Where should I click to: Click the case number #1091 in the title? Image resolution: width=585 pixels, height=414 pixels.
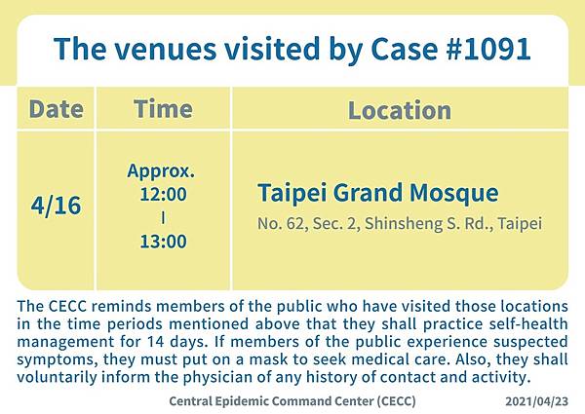pos(488,49)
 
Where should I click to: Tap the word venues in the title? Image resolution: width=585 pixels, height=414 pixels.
pos(165,49)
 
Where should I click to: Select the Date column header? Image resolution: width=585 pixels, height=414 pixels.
pos(56,109)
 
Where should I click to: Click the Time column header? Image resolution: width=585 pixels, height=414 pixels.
pos(163,109)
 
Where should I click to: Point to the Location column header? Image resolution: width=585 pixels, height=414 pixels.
pos(400,110)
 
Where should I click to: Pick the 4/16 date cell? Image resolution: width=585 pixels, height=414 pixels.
pos(56,206)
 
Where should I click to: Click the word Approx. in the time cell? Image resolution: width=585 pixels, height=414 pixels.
pos(161,171)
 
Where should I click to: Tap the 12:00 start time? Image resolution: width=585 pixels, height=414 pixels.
pos(163,194)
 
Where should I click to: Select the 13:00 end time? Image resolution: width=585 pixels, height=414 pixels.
pos(163,242)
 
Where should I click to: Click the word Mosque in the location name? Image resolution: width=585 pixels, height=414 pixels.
pos(454,194)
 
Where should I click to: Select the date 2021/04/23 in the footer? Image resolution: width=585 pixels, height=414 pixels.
pos(537,401)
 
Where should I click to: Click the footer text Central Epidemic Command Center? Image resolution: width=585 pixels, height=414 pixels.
pos(271,401)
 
